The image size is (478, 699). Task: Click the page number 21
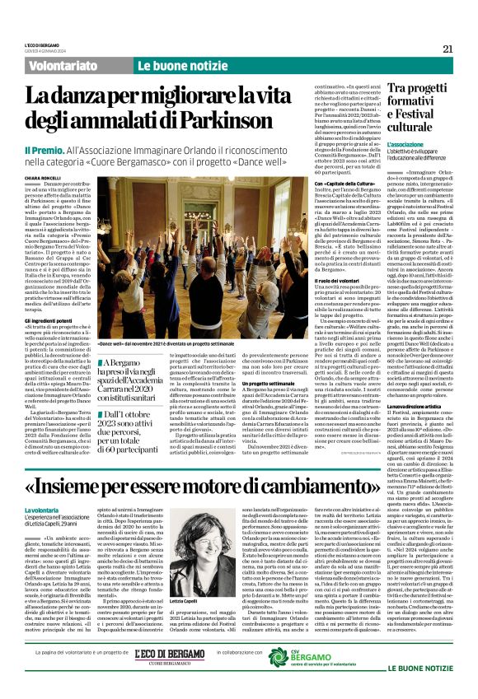pyautogui.click(x=448, y=49)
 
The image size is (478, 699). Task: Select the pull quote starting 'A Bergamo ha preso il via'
pyautogui.click(x=132, y=370)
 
